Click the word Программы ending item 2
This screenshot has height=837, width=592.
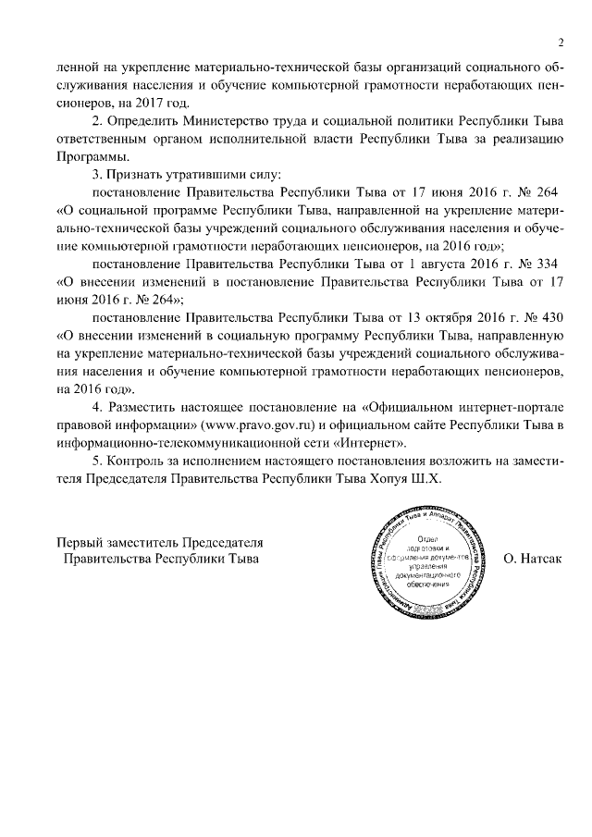(x=88, y=155)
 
